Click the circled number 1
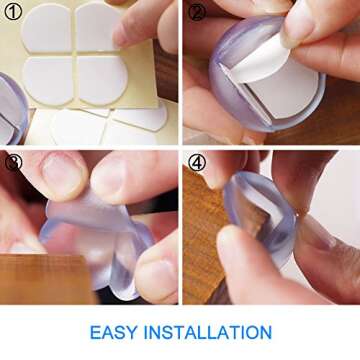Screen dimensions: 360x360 tap(14, 13)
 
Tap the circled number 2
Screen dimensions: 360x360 tap(196, 13)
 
